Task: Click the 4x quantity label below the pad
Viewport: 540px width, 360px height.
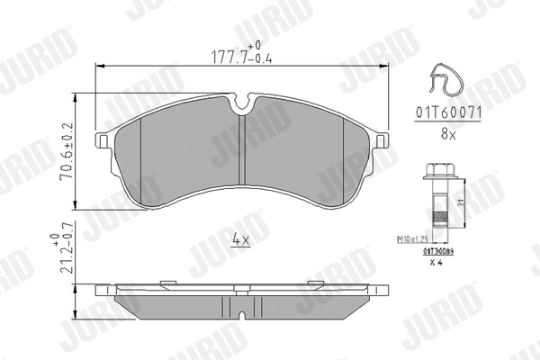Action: coord(240,238)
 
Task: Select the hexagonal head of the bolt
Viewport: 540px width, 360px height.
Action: coord(436,170)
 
